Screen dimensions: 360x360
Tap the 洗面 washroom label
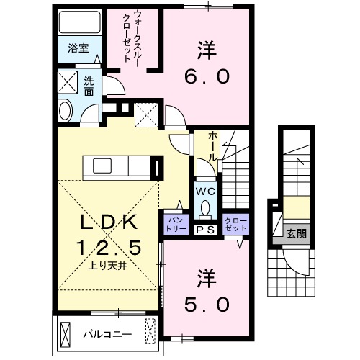tap(89, 86)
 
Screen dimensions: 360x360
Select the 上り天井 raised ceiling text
tap(107, 265)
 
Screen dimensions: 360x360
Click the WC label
tap(204, 192)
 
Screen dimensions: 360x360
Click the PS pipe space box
tap(204, 230)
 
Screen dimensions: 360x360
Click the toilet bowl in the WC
tap(204, 209)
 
